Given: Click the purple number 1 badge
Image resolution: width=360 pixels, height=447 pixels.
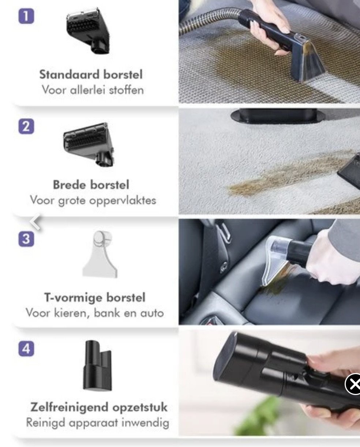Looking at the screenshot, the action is pos(26,16).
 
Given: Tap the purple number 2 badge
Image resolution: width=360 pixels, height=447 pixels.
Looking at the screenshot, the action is pos(26,126).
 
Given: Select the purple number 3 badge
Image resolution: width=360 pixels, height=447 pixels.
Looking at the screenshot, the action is pos(26,239).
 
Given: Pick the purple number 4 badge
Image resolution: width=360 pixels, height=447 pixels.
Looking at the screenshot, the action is pos(26,349).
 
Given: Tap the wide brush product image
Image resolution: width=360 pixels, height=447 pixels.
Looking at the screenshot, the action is pos(89,144).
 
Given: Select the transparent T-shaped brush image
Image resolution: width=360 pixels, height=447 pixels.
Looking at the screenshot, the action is pos(100,254).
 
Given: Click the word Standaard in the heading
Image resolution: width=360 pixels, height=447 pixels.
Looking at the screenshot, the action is pos(70,74).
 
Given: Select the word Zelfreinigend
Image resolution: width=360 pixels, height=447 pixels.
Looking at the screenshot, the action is pos(70,407).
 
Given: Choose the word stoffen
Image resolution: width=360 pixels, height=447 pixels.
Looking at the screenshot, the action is pos(126,90).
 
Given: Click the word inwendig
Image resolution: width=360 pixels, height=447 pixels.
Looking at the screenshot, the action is pos(145,423).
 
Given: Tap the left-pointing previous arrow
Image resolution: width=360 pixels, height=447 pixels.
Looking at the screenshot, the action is pos(35,221).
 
